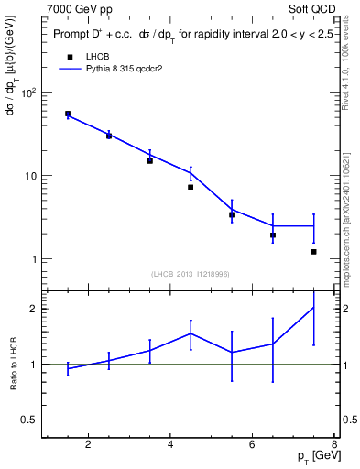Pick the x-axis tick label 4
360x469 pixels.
tap(172, 446)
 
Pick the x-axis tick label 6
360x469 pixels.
tap(256, 446)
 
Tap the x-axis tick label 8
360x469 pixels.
tap(334, 446)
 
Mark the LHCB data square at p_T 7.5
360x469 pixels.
tap(314, 251)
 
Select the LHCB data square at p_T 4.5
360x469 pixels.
tap(191, 187)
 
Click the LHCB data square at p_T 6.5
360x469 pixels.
tap(273, 235)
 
